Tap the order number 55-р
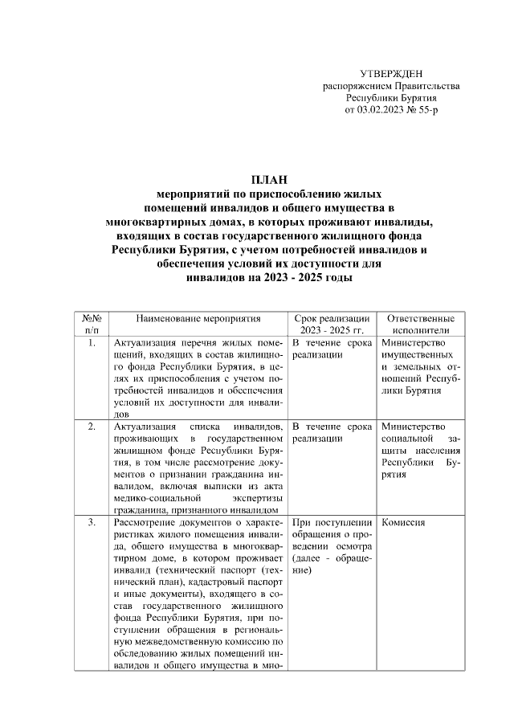tap(425, 108)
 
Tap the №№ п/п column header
tap(92, 324)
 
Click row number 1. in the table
tap(92, 343)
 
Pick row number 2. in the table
tap(92, 427)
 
